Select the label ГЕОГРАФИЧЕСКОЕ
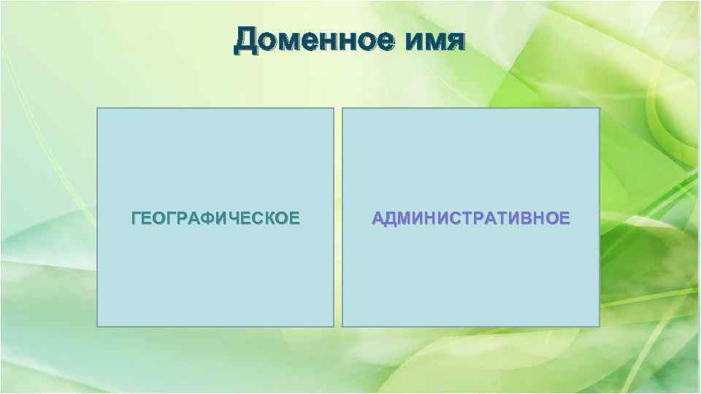coord(215,218)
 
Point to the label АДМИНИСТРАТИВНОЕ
coord(471,218)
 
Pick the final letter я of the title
coord(454,43)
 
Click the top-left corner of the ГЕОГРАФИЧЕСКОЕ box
coord(97,109)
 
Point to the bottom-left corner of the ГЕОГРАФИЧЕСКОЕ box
coord(97,326)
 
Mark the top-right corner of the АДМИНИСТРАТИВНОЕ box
coord(599,109)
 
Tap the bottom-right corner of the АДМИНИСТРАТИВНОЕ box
coord(599,326)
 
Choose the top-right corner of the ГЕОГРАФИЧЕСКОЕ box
coord(333,109)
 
